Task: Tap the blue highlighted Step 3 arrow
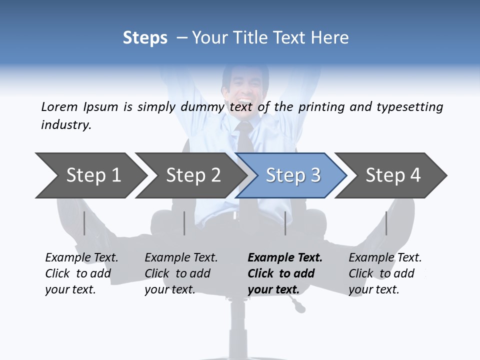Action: pos(292,175)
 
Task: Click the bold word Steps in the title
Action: pos(145,38)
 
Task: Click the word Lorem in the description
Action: pos(59,106)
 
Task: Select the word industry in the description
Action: pos(66,124)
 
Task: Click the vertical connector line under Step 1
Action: pos(84,223)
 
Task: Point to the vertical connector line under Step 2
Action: pos(184,223)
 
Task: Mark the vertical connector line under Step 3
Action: pos(285,223)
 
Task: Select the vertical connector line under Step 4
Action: pos(386,223)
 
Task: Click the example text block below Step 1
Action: pos(81,273)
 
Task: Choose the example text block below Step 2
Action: pos(181,273)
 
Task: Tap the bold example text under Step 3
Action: pos(285,273)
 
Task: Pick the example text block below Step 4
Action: pos(385,273)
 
